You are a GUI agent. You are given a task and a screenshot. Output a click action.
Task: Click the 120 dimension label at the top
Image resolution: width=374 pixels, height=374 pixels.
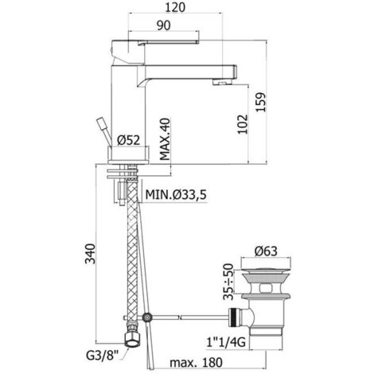point(175,7)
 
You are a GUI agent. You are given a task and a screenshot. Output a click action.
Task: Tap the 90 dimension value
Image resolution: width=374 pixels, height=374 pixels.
point(164,25)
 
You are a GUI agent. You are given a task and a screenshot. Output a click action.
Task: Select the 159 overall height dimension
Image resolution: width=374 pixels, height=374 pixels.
point(261,102)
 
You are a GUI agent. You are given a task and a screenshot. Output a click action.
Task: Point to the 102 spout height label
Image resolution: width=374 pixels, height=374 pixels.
point(243,124)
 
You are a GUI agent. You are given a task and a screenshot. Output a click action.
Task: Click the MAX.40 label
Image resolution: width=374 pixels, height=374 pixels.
point(165,139)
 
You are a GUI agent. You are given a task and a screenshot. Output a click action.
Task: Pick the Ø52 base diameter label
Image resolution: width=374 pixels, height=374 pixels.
point(128,140)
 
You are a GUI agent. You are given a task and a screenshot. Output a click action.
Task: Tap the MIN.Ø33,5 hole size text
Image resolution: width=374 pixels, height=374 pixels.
point(176,195)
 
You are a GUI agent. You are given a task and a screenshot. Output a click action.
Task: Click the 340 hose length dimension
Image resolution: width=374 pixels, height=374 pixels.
point(90,253)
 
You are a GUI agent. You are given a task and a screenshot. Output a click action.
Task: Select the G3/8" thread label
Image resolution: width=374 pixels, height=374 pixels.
point(102,355)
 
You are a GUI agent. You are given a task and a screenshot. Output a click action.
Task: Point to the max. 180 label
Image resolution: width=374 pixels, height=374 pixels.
point(196,362)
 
